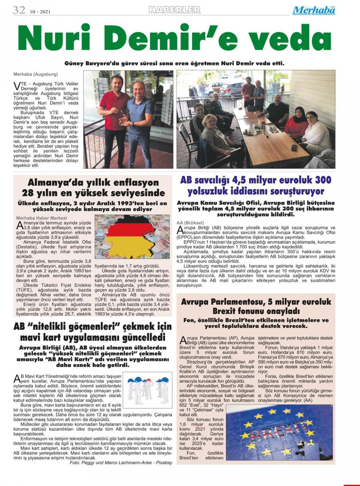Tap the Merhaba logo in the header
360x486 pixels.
pos(314,10)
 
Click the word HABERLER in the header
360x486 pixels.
pos(174,10)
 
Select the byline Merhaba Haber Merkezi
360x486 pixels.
pos(41,218)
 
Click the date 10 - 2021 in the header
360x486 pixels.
pos(40,12)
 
